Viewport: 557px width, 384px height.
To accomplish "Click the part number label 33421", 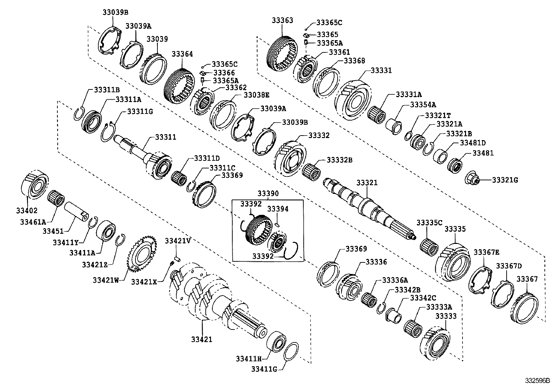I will click(x=202, y=339).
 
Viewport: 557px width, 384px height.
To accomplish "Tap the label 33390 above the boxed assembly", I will click(x=268, y=193).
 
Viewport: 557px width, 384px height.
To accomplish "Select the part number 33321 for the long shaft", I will click(x=367, y=183).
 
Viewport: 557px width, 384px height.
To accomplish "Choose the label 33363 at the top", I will click(x=282, y=21).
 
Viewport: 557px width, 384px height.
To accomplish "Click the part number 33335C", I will click(x=429, y=223).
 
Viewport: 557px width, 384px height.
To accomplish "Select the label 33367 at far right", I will click(x=527, y=279).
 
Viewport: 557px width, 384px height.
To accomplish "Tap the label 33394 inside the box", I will click(x=278, y=209).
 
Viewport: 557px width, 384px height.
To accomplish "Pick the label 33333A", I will click(x=439, y=307).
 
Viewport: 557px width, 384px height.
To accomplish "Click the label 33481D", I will click(x=473, y=143).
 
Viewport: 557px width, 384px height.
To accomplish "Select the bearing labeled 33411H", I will click(x=276, y=340).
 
